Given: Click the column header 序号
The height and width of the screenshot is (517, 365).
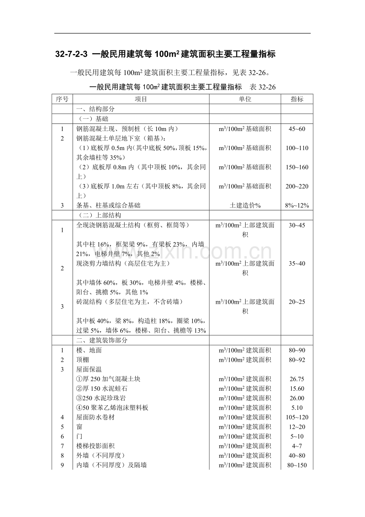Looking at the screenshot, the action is [x=62, y=99].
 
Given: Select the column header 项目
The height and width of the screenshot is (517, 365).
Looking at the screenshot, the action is [x=141, y=99].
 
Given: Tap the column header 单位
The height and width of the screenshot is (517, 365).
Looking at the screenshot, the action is [x=245, y=99].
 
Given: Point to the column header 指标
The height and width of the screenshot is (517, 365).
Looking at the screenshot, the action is [x=297, y=99].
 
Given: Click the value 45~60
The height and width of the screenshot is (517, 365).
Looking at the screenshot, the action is [x=297, y=129].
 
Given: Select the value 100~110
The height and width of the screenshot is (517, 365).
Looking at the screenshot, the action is [x=297, y=148].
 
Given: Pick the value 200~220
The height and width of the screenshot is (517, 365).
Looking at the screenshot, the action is [x=297, y=186].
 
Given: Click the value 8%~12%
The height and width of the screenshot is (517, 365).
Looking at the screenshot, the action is [x=297, y=205].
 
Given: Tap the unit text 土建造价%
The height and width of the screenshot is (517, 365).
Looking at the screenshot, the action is [x=245, y=205].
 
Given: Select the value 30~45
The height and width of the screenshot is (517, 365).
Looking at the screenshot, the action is [x=297, y=225].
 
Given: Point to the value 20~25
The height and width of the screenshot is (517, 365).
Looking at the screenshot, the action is [x=297, y=302].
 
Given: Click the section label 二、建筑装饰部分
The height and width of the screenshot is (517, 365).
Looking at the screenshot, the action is [x=102, y=340].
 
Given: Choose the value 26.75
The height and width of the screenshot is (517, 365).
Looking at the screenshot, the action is [x=297, y=379].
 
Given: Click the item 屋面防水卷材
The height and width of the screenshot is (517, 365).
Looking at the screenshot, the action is [x=95, y=417].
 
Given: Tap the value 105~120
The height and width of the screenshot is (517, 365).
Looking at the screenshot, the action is [x=297, y=417].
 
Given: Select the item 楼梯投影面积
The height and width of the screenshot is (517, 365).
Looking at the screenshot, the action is [x=95, y=446].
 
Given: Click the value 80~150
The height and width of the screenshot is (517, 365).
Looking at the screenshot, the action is [x=297, y=465].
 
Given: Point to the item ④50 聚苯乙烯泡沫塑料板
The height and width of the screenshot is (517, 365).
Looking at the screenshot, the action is [x=112, y=407].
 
